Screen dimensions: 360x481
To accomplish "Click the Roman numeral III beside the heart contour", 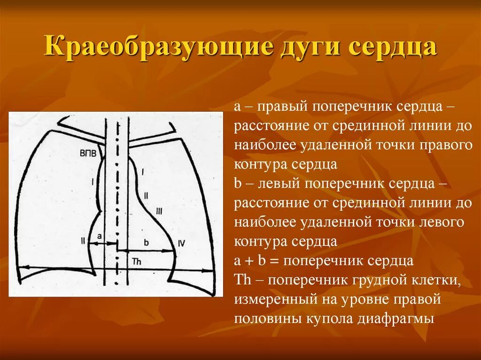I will (159, 212).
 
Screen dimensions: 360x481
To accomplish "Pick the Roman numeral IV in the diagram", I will (182, 243).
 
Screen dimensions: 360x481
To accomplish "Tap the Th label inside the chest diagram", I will (137, 261).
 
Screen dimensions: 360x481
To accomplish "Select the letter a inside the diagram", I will (99, 237).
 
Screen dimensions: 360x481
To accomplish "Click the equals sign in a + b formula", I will (276, 261).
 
